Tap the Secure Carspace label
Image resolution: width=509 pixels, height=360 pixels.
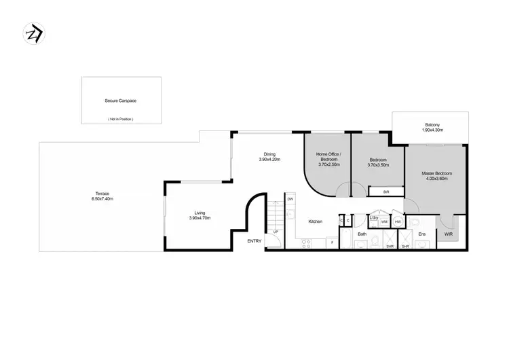pyautogui.click(x=121, y=101)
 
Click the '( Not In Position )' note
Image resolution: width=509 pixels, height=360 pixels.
pyautogui.click(x=121, y=119)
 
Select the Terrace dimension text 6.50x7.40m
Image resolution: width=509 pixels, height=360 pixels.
pyautogui.click(x=102, y=199)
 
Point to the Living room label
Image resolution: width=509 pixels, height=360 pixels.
pyautogui.click(x=199, y=213)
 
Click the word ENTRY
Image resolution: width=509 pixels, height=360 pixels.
pyautogui.click(x=254, y=241)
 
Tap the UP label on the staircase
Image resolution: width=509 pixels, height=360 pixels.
pyautogui.click(x=276, y=232)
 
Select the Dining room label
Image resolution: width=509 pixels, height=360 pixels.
pyautogui.click(x=269, y=154)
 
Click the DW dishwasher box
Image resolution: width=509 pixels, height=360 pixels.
pyautogui.click(x=290, y=199)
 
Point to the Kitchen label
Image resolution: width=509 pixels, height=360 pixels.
pyautogui.click(x=315, y=221)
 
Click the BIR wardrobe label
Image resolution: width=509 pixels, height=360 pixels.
pyautogui.click(x=385, y=192)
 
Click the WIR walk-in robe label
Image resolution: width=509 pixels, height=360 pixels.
pyautogui.click(x=449, y=234)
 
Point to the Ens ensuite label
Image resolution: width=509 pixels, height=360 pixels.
pyautogui.click(x=421, y=234)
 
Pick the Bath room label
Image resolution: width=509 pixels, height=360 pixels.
pyautogui.click(x=362, y=234)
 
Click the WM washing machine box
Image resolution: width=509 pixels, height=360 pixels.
pyautogui.click(x=384, y=221)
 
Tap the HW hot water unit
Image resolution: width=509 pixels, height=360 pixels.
pyautogui.click(x=398, y=221)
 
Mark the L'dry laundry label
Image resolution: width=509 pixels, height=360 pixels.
pyautogui.click(x=373, y=217)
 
